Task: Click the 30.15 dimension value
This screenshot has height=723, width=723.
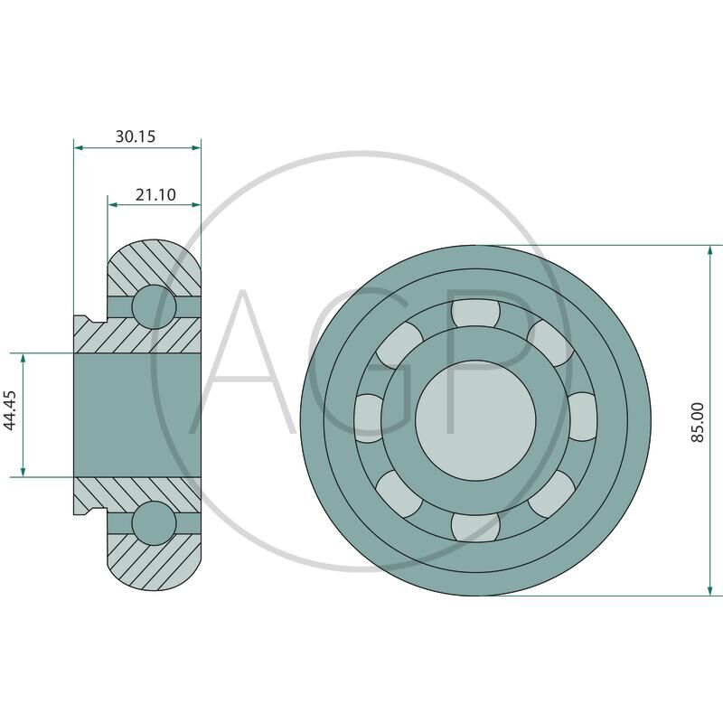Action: (x=135, y=136)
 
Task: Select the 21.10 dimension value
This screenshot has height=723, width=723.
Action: (x=155, y=194)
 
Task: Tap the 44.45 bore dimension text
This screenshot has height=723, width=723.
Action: (x=10, y=410)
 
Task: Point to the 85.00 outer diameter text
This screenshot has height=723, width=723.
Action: (x=698, y=422)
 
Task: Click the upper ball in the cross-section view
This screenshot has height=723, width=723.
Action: (x=154, y=306)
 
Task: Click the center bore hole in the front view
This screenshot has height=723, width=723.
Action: (x=475, y=420)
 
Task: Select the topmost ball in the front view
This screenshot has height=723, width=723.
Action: (x=475, y=314)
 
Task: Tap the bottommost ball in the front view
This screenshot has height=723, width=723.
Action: (x=475, y=527)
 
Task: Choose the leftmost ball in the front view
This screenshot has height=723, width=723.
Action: (x=369, y=418)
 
